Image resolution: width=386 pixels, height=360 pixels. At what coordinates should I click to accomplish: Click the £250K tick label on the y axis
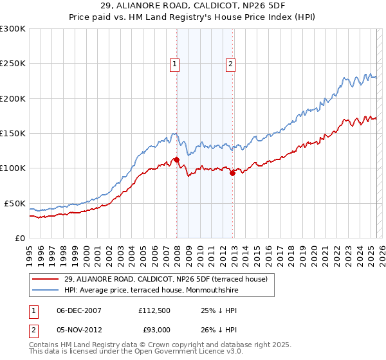coord(13,64)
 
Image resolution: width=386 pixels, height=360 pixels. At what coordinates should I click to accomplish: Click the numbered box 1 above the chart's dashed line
coord(175,63)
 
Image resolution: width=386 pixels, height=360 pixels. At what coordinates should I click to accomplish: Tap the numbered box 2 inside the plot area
coord(230,63)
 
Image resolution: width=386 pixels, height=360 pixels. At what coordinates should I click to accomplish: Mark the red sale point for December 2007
coord(176,159)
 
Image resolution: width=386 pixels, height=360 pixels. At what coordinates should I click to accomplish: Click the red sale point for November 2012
coord(232,173)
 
